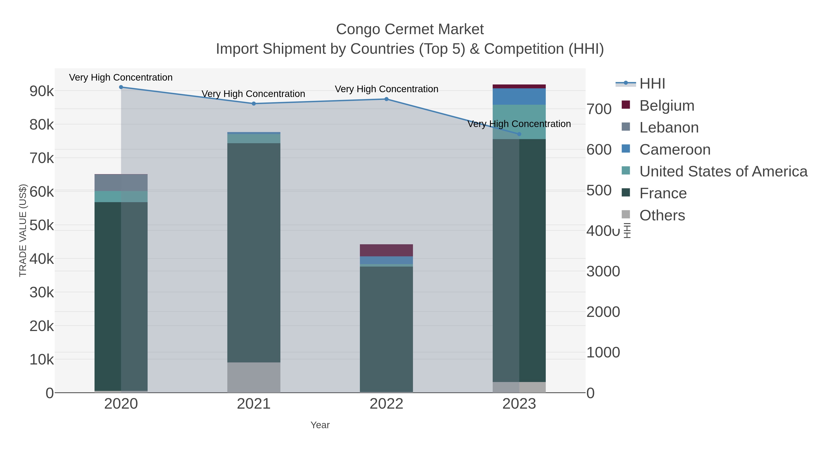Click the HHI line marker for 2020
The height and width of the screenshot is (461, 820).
(121, 87)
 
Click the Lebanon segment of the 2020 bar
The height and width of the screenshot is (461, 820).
(121, 183)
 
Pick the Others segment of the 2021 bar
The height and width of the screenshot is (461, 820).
(254, 377)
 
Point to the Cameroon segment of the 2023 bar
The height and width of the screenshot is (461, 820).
(519, 96)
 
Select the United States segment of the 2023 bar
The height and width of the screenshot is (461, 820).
(519, 122)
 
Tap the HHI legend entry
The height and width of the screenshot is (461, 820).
(652, 84)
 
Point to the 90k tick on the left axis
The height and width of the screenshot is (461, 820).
(42, 91)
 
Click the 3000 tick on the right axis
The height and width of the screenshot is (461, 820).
(603, 271)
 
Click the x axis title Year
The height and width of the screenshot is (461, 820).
(320, 425)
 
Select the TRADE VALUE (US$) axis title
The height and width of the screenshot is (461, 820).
(23, 230)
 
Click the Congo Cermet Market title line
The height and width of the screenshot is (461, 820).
(410, 29)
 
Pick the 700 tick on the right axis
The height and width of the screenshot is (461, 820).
(599, 109)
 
